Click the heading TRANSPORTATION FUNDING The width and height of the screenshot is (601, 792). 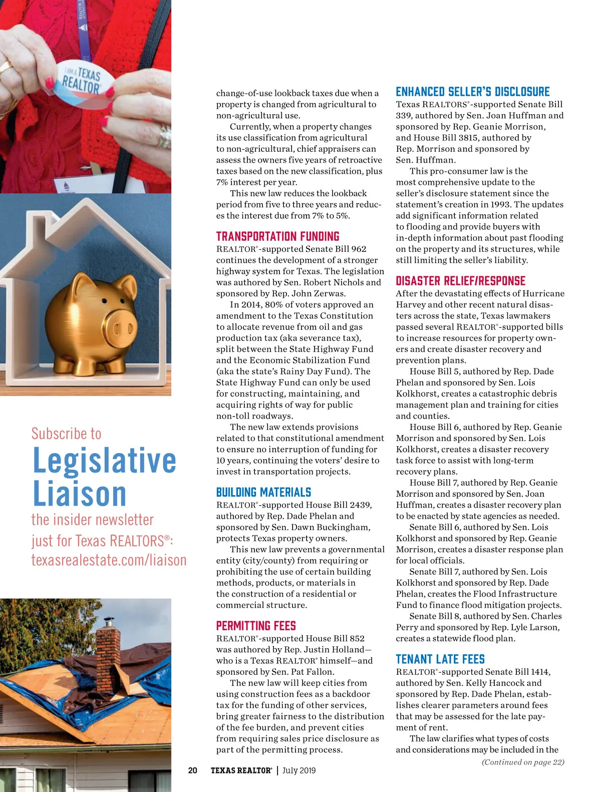tap(277, 236)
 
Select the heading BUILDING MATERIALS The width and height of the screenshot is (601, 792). tap(263, 492)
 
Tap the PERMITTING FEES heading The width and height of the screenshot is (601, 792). tap(256, 626)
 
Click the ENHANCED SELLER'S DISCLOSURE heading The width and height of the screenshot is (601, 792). tap(472, 92)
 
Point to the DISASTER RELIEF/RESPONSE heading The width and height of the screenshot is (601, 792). tap(460, 281)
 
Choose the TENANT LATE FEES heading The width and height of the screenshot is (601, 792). tap(440, 659)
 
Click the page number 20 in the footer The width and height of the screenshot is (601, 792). tap(193, 770)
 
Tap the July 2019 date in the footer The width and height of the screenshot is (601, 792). tap(299, 770)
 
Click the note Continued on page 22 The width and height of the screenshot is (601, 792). tap(523, 762)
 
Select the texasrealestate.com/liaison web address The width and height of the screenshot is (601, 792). tap(109, 560)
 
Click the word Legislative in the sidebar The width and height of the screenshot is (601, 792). tap(104, 461)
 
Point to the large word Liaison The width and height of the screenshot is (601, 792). tap(79, 494)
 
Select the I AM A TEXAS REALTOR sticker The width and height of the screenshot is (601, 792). tap(83, 80)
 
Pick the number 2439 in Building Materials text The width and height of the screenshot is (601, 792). tap(360, 505)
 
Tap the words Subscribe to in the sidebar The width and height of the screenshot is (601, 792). tap(66, 434)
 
